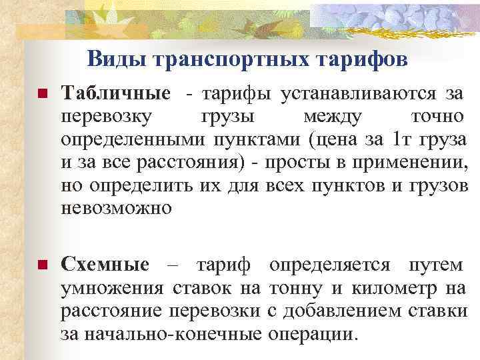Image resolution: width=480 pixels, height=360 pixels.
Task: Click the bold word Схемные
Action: click(x=105, y=265)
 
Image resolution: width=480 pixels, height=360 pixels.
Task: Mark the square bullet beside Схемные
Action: click(x=42, y=265)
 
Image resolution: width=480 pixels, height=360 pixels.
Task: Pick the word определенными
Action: click(x=133, y=140)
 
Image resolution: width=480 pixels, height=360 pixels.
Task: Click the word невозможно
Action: click(x=116, y=207)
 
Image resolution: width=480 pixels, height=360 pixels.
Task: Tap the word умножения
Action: click(x=112, y=288)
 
